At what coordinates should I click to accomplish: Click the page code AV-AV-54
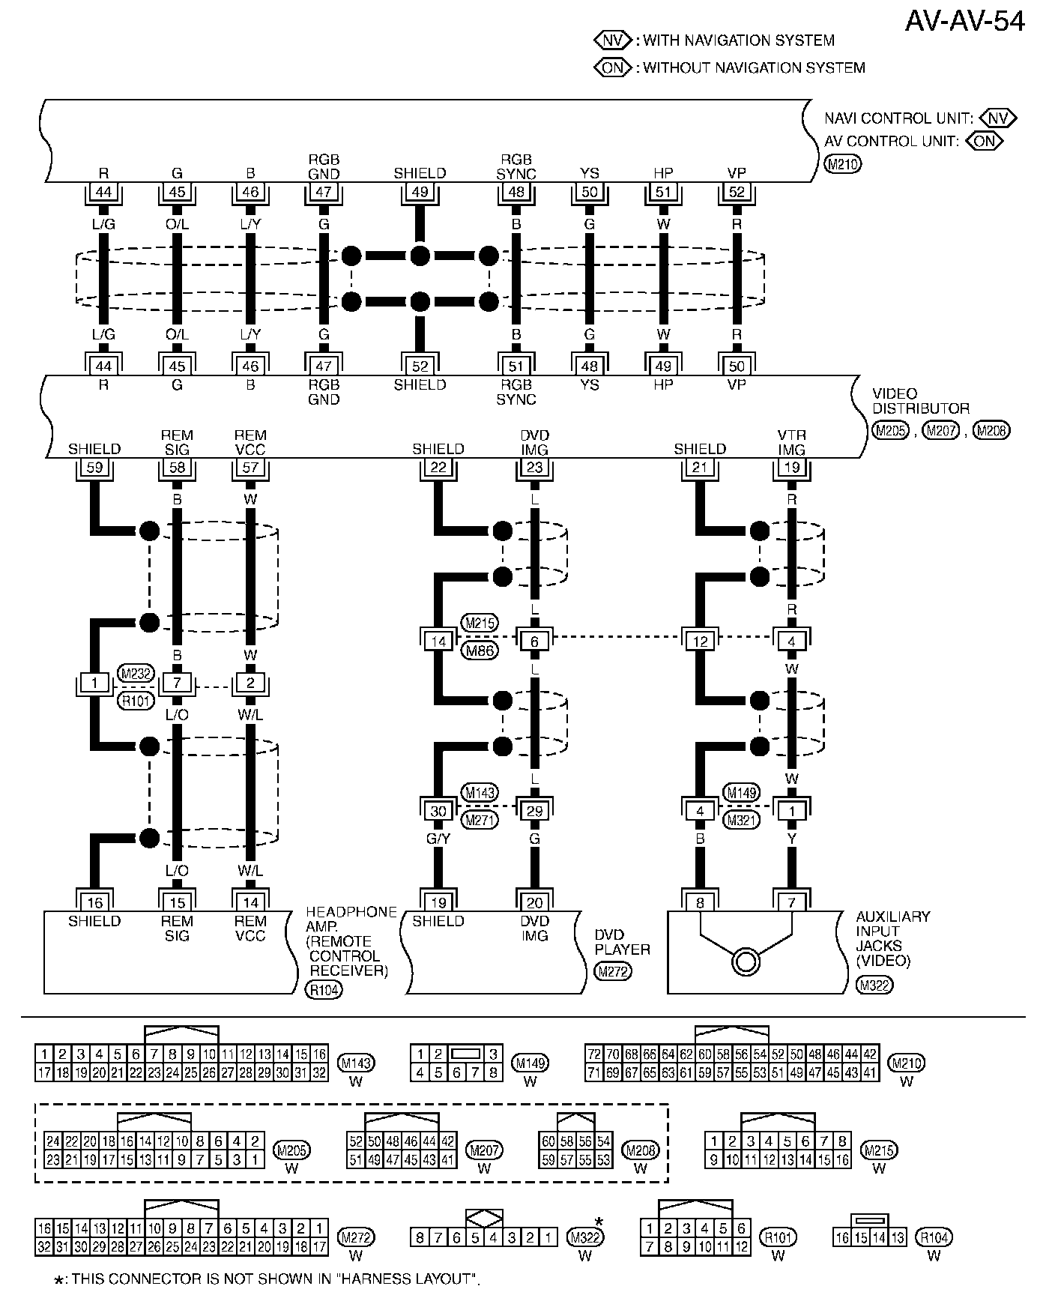click(x=964, y=22)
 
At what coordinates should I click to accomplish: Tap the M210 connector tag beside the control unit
click(x=843, y=164)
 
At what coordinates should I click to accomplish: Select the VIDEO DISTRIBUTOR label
click(x=920, y=401)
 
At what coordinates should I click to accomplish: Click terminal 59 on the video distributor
click(x=94, y=468)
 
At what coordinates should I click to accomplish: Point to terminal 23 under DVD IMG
click(x=534, y=468)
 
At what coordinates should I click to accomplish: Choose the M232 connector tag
click(x=136, y=674)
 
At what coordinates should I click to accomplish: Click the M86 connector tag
click(x=480, y=650)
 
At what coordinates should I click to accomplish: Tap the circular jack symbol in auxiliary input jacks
click(x=746, y=961)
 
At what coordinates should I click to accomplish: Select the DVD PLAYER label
click(x=622, y=942)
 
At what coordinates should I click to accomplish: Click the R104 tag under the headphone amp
click(x=324, y=990)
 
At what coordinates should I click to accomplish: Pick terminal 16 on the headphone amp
click(x=94, y=902)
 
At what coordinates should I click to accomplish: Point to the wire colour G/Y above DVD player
click(x=438, y=839)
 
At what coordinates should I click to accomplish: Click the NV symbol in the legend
click(x=613, y=40)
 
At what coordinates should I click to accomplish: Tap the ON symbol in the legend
click(x=613, y=67)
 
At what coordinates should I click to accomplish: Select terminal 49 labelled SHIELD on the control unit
click(x=420, y=192)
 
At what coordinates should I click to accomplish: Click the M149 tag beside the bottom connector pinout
click(x=530, y=1063)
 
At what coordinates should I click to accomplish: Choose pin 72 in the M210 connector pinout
click(x=594, y=1054)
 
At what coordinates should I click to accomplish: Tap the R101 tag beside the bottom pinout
click(x=778, y=1237)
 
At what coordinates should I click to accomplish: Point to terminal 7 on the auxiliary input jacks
click(x=792, y=902)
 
